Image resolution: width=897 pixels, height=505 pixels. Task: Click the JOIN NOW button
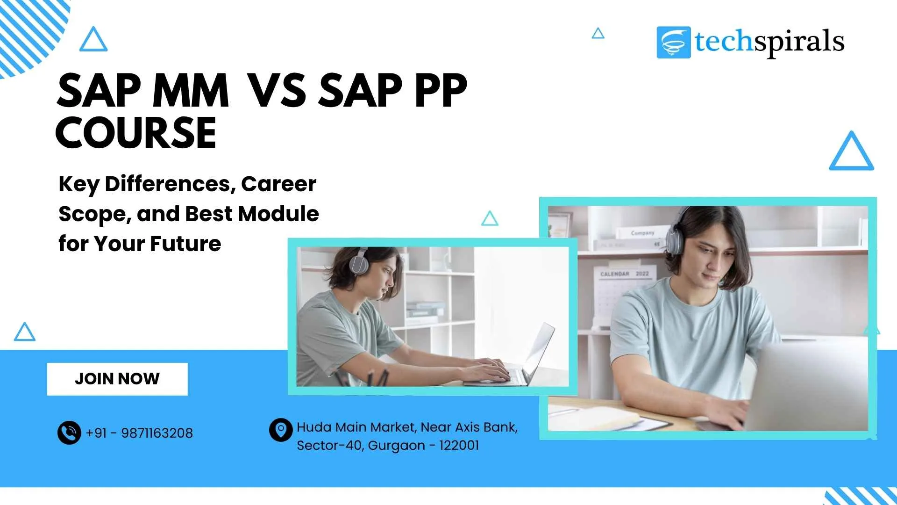(117, 379)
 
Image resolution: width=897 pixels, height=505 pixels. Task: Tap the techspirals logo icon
(673, 43)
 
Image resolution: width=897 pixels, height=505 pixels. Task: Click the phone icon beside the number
(69, 433)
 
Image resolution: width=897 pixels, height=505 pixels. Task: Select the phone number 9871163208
(157, 433)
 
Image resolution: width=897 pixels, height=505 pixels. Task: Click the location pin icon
(281, 430)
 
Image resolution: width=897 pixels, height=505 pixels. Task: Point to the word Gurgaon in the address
(396, 446)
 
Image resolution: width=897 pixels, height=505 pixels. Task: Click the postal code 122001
(459, 445)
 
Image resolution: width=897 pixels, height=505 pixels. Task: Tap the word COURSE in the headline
(136, 133)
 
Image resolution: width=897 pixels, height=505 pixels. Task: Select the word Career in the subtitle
(278, 184)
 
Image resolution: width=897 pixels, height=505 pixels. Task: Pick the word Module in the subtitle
(278, 214)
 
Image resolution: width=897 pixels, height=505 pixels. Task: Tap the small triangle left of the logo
(598, 34)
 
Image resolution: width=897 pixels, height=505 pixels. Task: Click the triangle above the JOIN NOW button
(25, 332)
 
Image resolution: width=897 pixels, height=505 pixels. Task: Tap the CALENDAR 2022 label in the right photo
(624, 274)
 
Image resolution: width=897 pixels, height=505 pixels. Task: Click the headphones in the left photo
(359, 261)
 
